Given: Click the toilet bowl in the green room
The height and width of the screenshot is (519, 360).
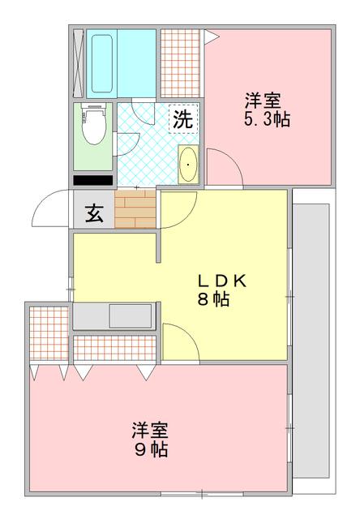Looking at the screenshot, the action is [94, 124].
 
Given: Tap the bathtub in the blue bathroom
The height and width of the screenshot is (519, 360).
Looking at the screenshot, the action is [102, 63].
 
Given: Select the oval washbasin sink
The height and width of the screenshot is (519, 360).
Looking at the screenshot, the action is [188, 164].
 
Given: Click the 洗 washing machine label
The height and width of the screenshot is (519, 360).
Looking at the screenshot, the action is [183, 119].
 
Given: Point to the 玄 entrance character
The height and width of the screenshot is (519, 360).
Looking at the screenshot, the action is [94, 213].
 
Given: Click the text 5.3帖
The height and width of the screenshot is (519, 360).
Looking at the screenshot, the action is [268, 119].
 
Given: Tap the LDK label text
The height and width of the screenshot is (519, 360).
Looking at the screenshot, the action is [222, 281].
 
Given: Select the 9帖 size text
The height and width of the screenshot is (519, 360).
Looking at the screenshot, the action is [151, 449].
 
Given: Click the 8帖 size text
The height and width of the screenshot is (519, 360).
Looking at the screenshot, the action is [213, 299].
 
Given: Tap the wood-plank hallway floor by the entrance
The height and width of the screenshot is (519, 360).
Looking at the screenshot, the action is [135, 209].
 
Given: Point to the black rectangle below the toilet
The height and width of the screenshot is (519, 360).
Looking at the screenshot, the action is [92, 180].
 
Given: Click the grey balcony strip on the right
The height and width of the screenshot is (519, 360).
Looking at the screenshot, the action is [311, 341].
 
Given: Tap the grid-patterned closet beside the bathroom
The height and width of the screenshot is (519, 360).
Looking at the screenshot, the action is [181, 63].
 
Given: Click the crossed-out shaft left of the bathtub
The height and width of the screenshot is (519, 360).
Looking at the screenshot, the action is [78, 63].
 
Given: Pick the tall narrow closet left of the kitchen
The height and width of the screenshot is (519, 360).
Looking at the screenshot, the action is [49, 333].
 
